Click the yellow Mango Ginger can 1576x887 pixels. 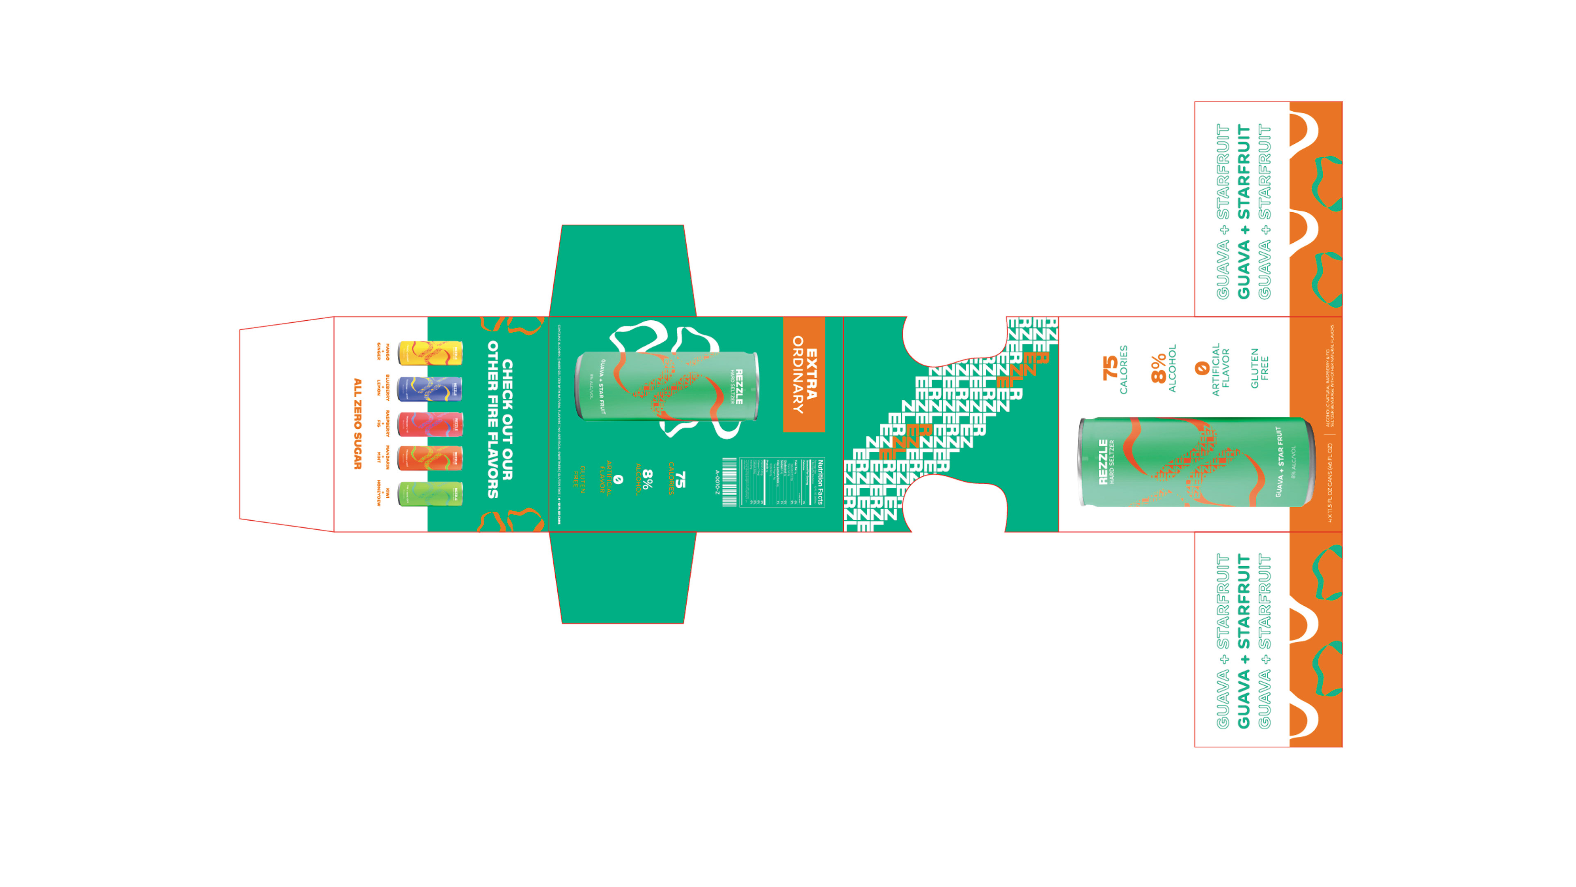(430, 353)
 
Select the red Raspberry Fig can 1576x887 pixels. (430, 424)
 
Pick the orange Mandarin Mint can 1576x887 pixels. (430, 458)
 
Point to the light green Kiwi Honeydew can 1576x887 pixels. (430, 493)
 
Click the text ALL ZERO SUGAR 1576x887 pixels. (358, 424)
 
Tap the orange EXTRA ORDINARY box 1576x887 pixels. (804, 374)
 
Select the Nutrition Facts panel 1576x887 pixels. (782, 483)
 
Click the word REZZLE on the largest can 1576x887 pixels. (1102, 462)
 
